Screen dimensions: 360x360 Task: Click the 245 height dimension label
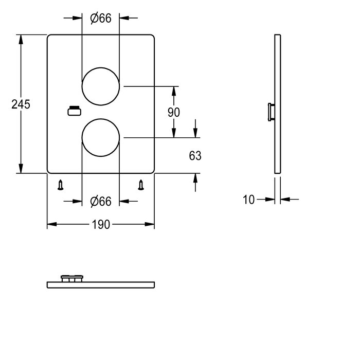coord(21,104)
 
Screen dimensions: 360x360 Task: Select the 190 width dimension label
coord(101,225)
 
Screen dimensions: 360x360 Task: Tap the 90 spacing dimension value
coord(174,112)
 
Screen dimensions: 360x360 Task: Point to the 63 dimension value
coord(195,156)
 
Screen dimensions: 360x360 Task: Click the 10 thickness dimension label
coord(248,200)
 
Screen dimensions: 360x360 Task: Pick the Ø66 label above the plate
coord(101,18)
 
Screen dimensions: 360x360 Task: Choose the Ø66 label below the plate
coord(101,202)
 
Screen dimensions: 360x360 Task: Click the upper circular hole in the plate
coord(101,68)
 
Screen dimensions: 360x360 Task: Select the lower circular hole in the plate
coord(101,119)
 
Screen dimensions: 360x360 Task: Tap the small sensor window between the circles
coord(74,111)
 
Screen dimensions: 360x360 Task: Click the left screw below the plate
coord(60,185)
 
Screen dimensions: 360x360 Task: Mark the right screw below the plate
coord(141,185)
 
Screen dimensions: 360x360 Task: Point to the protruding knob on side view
coord(271,112)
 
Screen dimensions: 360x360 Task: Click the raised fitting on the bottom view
coord(72,278)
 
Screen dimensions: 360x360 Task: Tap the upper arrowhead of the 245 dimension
coord(21,40)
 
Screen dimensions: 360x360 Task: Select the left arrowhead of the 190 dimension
coord(52,224)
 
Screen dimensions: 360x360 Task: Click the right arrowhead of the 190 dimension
coord(150,224)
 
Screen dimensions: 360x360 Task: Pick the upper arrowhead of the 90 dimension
coord(174,91)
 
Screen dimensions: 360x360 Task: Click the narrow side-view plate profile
coord(278,104)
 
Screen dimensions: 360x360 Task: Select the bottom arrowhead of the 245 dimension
coord(21,169)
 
